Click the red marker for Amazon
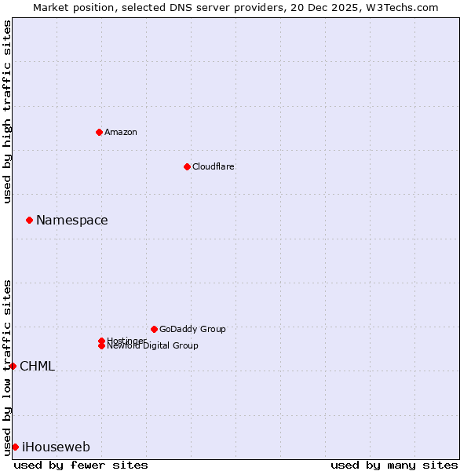(99, 132)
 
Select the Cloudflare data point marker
(187, 166)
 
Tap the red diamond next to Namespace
(29, 220)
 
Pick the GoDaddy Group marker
(154, 329)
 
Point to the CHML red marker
(13, 366)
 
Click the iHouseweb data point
(15, 447)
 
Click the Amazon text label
(121, 132)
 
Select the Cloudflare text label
(214, 166)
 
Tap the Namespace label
(72, 220)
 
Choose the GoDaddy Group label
(192, 329)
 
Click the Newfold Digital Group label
(153, 345)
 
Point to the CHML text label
(38, 366)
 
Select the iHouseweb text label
(57, 447)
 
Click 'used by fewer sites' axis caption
(81, 465)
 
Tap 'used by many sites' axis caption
(394, 465)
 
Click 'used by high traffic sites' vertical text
(7, 111)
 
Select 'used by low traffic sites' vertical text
(7, 367)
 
